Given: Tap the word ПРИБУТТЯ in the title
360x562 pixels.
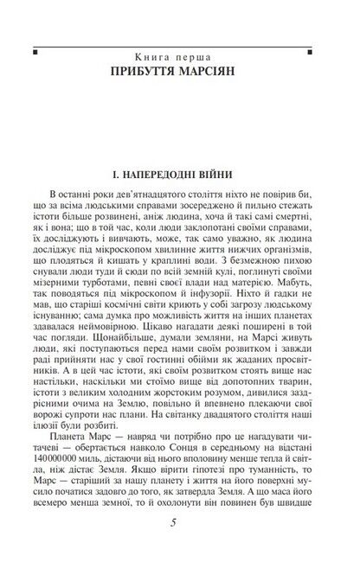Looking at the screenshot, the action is pyautogui.click(x=152, y=68).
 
